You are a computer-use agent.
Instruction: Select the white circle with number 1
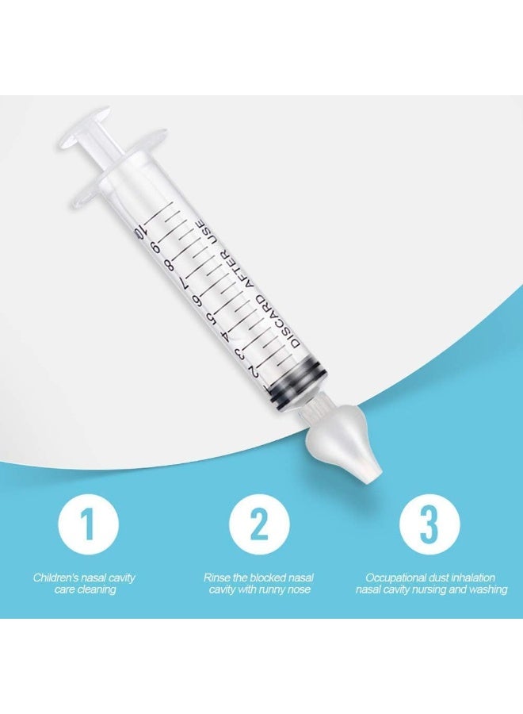(88, 524)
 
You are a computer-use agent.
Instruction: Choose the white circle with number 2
(259, 524)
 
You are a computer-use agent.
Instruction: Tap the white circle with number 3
(430, 524)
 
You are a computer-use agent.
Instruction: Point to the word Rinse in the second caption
(217, 578)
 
